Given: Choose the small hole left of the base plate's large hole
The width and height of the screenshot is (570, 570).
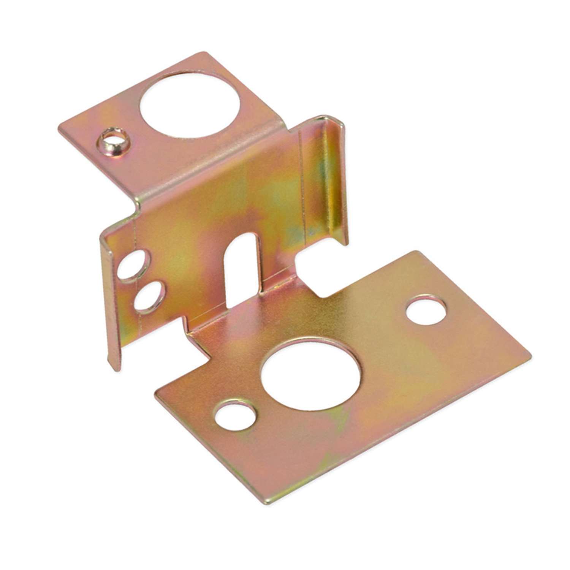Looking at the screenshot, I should tap(234, 416).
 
